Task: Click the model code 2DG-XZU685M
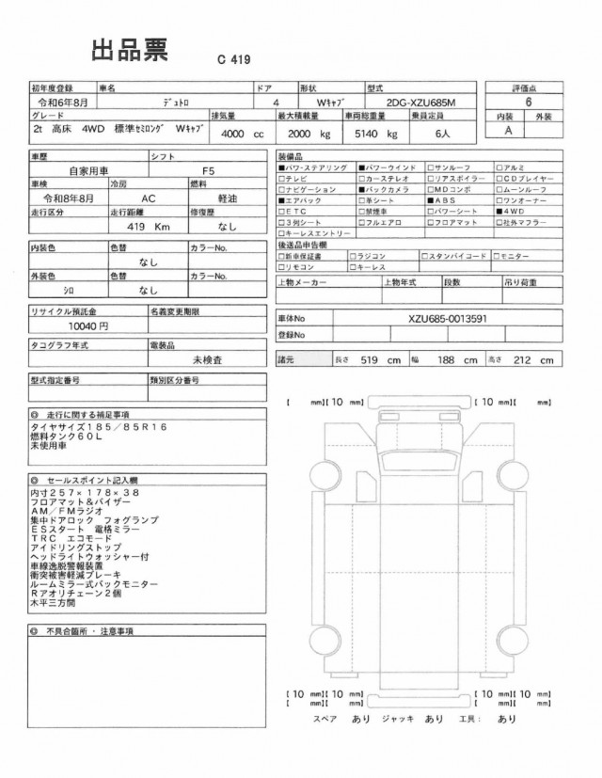428,101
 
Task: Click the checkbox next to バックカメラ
360,189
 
